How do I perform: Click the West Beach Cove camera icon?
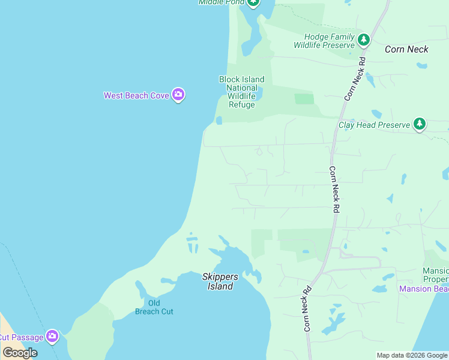point(178,95)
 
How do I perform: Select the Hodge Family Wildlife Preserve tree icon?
point(363,40)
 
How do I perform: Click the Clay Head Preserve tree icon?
point(420,124)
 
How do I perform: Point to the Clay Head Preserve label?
point(374,125)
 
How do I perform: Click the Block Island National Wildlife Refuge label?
point(241,92)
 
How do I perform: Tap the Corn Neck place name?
point(406,49)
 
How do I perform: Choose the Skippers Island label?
point(220,281)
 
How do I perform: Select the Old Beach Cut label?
point(154,307)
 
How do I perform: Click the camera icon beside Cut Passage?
point(52,336)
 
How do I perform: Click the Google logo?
point(20,353)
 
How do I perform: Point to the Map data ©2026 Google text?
point(412,355)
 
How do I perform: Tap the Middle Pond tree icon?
point(253,2)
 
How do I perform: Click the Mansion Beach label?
point(424,289)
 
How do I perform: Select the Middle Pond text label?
point(221,2)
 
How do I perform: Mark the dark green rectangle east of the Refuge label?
point(304,98)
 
